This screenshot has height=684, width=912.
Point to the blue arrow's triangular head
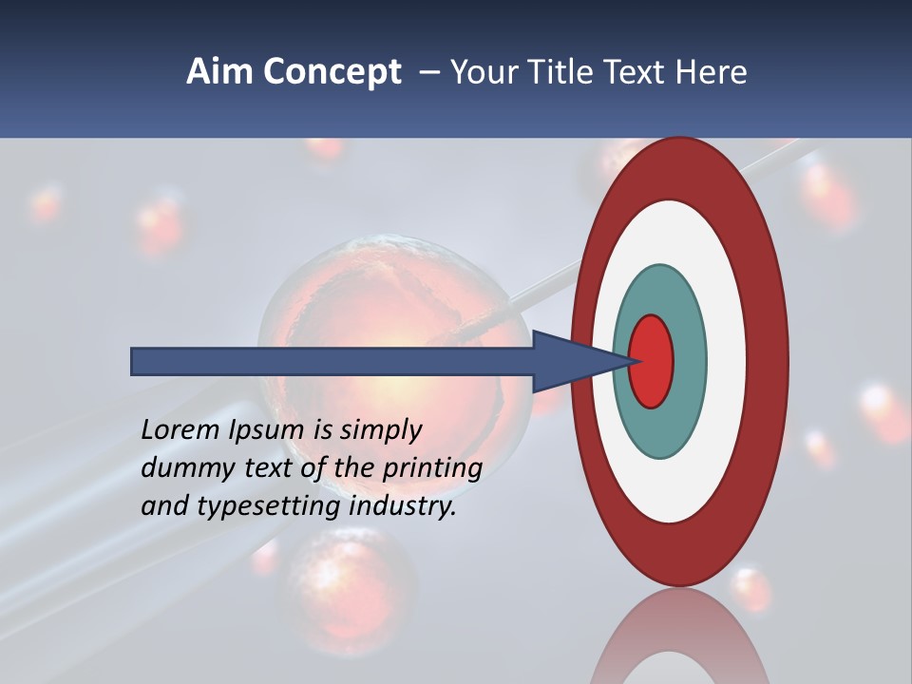coord(570,361)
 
